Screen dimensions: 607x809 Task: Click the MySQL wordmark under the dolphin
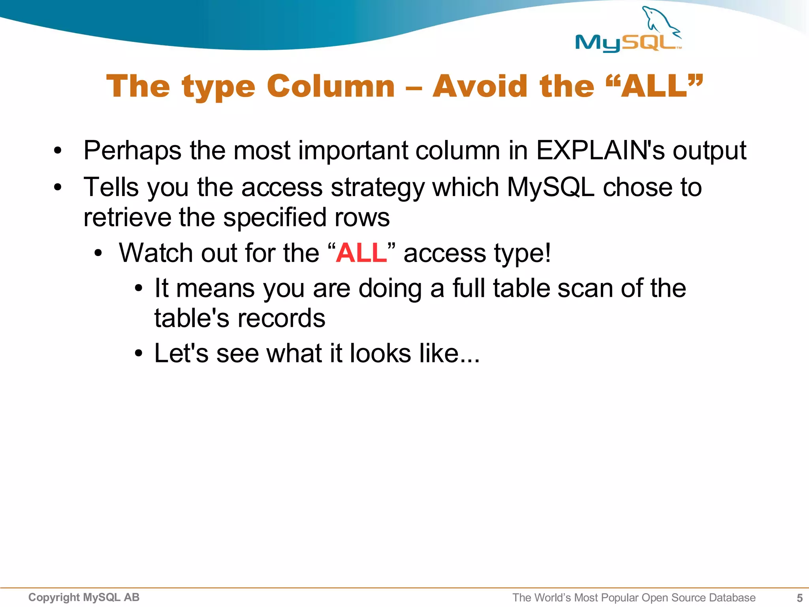pyautogui.click(x=628, y=43)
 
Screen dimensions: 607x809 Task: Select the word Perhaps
pyautogui.click(x=132, y=151)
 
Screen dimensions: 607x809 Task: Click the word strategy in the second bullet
pyautogui.click(x=378, y=188)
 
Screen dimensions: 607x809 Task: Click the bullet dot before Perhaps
pyautogui.click(x=58, y=151)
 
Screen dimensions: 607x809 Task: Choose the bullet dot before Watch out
pyautogui.click(x=98, y=253)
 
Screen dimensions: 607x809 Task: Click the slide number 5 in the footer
pyautogui.click(x=800, y=598)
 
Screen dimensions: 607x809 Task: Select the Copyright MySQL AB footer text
pyautogui.click(x=84, y=597)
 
